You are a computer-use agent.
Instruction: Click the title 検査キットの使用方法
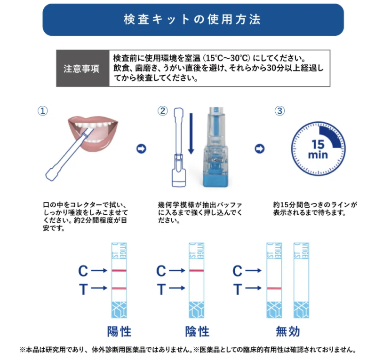[192, 19]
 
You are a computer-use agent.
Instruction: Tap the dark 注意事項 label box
[83, 68]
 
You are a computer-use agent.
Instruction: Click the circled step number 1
[42, 111]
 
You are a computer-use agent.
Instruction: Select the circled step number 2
[162, 111]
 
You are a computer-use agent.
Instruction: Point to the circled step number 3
[279, 111]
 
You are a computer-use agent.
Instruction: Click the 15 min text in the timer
[318, 149]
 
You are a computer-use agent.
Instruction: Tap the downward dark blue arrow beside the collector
[191, 133]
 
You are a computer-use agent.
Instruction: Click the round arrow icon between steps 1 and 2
[141, 149]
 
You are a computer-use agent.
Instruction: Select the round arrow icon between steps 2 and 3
[259, 149]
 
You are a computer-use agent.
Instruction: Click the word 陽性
[119, 331]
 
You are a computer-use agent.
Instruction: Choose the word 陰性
[197, 331]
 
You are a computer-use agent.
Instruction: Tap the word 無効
[288, 331]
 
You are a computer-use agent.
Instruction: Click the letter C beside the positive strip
[83, 271]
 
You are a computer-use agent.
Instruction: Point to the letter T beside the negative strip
[161, 289]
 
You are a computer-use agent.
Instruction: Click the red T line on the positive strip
[119, 288]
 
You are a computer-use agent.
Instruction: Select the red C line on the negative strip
[197, 271]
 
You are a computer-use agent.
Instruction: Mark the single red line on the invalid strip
[274, 288]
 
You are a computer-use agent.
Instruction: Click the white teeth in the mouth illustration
[92, 125]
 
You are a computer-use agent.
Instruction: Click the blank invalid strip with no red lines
[301, 281]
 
